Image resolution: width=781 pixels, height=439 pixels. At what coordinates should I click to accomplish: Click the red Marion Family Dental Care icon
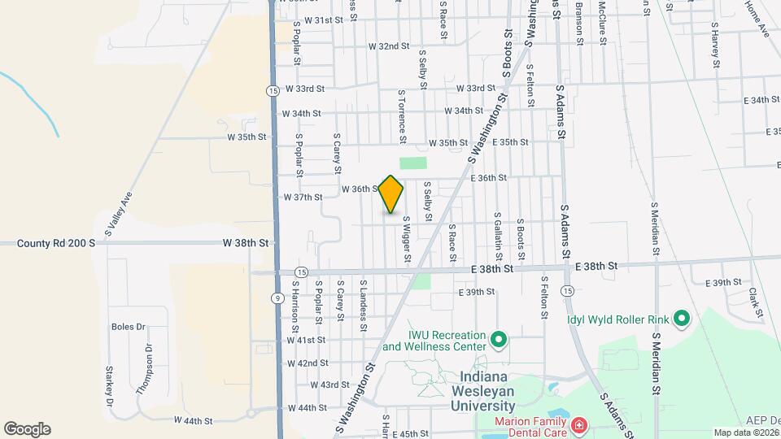point(578,424)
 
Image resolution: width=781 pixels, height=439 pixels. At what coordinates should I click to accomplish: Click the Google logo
point(27,428)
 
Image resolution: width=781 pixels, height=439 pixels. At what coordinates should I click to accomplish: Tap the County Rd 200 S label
point(56,243)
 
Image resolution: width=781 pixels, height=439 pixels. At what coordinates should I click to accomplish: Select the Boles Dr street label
point(128,327)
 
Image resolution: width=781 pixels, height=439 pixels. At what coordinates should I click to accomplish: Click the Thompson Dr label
point(145,369)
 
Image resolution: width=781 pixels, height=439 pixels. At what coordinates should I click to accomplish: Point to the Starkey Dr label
point(108,385)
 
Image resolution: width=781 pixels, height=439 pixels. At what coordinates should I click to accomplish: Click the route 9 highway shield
point(278,298)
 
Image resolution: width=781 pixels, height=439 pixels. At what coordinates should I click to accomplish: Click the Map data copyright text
point(742,432)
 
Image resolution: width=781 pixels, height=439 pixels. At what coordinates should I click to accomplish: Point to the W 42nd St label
point(307,363)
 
